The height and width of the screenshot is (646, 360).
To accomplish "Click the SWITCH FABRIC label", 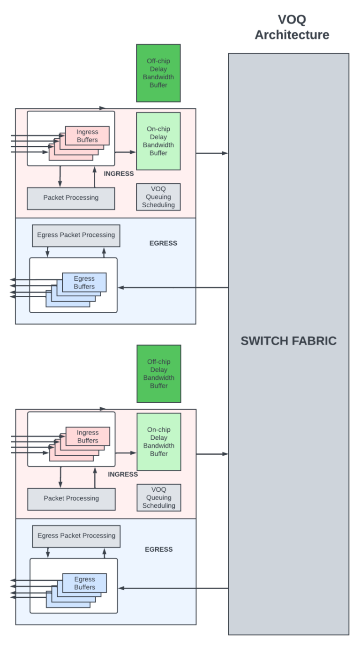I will point(288,341).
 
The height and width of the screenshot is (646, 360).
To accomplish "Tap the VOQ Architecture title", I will point(292,27).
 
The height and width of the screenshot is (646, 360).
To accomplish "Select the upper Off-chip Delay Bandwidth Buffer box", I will point(158,73).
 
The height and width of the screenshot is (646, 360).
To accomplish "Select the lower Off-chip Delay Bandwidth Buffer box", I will point(159,374).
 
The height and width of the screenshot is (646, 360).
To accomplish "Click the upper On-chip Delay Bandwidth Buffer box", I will point(158,141).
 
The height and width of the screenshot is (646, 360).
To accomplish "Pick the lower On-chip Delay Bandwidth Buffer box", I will point(159,442).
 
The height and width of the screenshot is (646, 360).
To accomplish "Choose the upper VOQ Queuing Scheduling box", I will point(158,197).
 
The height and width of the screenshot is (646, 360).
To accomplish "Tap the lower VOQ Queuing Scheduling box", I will point(159,497).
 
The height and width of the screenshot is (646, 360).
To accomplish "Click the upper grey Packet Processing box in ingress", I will point(71,198).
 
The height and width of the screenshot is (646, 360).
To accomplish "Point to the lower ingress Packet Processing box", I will point(71,499).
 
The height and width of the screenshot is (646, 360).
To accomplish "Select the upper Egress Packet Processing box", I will point(76,235).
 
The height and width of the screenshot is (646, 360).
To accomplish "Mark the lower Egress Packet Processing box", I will point(76,536).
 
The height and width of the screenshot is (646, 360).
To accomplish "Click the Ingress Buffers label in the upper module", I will point(87,136).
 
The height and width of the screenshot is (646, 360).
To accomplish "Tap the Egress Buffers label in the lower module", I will point(84,583).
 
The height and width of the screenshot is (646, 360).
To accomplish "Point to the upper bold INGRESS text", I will point(119,174).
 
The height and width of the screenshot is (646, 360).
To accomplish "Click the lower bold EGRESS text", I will point(158,549).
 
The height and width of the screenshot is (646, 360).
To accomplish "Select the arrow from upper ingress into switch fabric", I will point(212,153).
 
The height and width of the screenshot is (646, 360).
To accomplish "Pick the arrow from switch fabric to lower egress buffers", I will point(173,588).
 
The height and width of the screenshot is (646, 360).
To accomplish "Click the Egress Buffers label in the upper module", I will point(84,283).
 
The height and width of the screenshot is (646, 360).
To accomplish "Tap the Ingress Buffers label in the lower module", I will point(88,436).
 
